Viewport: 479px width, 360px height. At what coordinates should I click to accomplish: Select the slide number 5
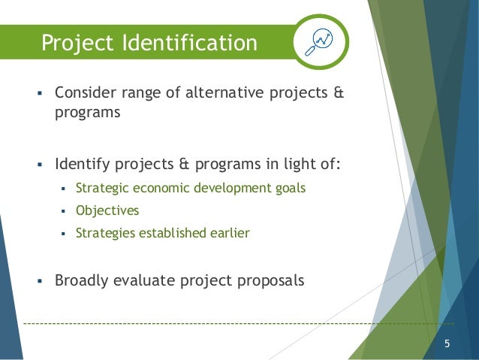(447, 345)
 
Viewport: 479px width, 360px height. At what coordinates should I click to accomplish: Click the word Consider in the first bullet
(86, 95)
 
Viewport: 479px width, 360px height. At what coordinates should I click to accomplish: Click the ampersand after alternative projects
(338, 95)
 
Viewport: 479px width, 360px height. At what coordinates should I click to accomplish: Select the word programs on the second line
(88, 114)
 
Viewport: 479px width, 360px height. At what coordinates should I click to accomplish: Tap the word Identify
(80, 164)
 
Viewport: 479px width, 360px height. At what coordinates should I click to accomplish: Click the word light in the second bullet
(286, 164)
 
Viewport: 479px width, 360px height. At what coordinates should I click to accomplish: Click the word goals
(290, 188)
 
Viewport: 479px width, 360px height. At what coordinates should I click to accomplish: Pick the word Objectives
(107, 210)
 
